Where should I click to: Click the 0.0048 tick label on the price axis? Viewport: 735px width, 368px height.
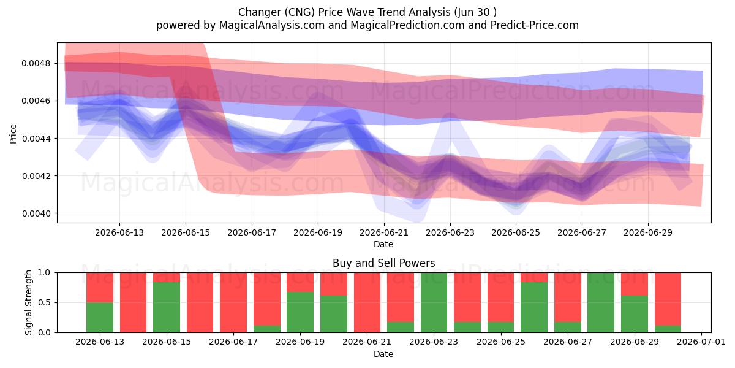click(36, 63)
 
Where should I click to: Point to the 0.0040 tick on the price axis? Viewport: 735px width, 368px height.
click(36, 213)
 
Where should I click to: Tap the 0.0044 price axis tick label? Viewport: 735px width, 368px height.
click(36, 139)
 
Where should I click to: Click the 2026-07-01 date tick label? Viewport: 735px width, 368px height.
click(701, 342)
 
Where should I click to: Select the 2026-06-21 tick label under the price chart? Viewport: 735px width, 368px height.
click(384, 232)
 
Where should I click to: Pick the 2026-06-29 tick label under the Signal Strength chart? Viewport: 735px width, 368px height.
click(635, 342)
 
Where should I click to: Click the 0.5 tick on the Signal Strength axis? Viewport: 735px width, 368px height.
click(44, 302)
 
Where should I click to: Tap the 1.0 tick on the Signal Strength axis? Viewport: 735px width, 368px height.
click(44, 273)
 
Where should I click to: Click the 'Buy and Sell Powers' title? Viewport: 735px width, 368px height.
click(384, 263)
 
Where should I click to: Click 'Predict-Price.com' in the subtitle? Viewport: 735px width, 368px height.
click(535, 25)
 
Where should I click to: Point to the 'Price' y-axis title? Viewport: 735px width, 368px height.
click(13, 134)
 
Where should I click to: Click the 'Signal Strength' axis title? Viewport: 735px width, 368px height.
click(29, 302)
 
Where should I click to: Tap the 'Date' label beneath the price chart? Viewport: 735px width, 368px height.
click(383, 245)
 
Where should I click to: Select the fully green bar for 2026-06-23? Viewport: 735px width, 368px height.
click(434, 302)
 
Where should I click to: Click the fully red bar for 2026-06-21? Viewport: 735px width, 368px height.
click(367, 302)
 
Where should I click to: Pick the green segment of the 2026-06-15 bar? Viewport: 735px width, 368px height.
click(167, 307)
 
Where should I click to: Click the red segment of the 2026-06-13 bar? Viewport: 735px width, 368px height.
click(100, 288)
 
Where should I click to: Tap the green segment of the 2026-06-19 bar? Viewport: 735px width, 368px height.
click(300, 312)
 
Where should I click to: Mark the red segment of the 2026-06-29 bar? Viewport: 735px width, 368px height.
click(635, 284)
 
